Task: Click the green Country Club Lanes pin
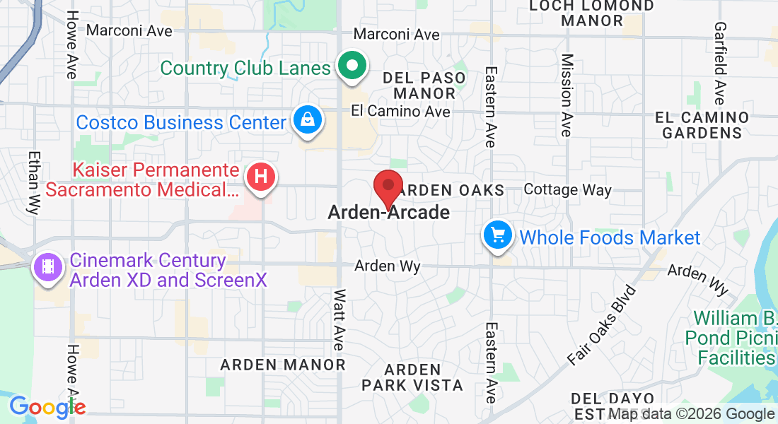352,67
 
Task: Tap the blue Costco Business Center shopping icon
308,121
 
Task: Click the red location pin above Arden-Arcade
388,188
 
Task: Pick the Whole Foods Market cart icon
498,235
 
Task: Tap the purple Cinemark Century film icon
47,268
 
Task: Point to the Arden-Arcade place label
388,212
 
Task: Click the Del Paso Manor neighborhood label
424,85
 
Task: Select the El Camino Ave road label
400,112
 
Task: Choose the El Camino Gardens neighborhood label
702,124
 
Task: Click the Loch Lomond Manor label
593,13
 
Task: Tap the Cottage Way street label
567,189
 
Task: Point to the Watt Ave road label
339,319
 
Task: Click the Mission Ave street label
566,95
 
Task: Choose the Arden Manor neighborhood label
283,365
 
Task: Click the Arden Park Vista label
412,377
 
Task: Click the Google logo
47,407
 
